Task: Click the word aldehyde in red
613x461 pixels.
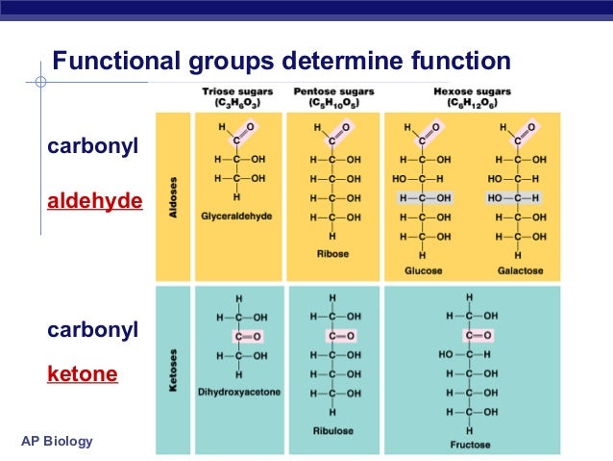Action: click(95, 201)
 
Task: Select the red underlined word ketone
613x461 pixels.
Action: click(83, 372)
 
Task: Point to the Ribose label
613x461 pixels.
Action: click(332, 253)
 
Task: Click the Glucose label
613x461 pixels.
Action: click(424, 270)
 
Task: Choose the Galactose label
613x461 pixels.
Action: click(519, 270)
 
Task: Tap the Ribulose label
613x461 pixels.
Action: click(332, 430)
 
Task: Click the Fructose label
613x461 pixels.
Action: click(470, 445)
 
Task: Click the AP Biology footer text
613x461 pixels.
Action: click(57, 441)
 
